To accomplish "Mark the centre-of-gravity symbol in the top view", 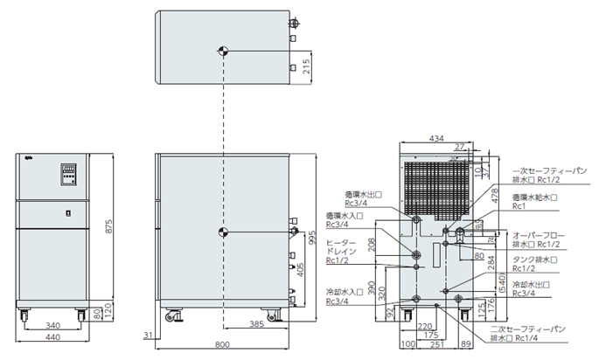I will click(x=223, y=51).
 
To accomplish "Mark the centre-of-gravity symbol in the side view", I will click(x=223, y=232).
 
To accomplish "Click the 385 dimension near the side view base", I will click(x=258, y=324).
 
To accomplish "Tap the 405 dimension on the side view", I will click(x=302, y=272).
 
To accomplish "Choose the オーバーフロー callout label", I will click(x=540, y=235).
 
